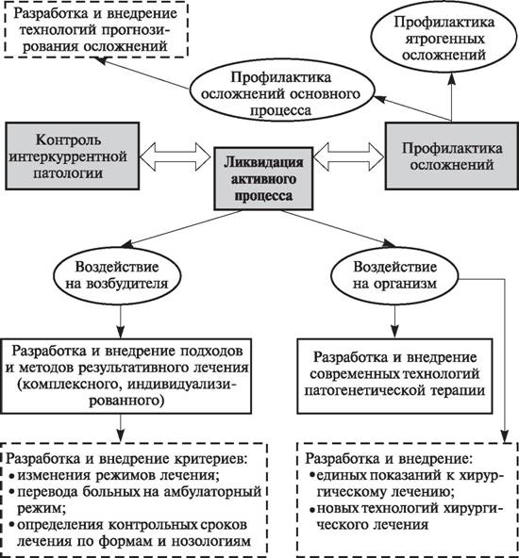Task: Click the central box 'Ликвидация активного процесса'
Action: coord(263,178)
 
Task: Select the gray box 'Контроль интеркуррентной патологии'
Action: coord(72,156)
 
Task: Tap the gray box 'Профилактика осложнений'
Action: coord(452,156)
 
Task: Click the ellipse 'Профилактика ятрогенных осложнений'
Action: coord(444,38)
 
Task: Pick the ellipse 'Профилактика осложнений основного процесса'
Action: coord(281,94)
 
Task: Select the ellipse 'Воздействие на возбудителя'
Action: coord(117,275)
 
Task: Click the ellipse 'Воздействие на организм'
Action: coord(394,275)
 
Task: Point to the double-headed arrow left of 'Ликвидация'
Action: coord(175,156)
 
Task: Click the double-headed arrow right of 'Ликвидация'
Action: coord(349,156)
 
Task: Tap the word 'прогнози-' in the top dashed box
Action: coord(136,30)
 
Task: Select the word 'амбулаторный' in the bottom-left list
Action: coord(212,492)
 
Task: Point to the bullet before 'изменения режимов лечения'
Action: coord(11,476)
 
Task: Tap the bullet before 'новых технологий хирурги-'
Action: coord(312,510)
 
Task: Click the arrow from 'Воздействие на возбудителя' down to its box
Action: coord(121,321)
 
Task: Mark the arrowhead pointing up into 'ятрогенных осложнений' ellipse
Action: coord(451,78)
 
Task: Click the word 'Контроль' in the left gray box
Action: coord(68,139)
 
